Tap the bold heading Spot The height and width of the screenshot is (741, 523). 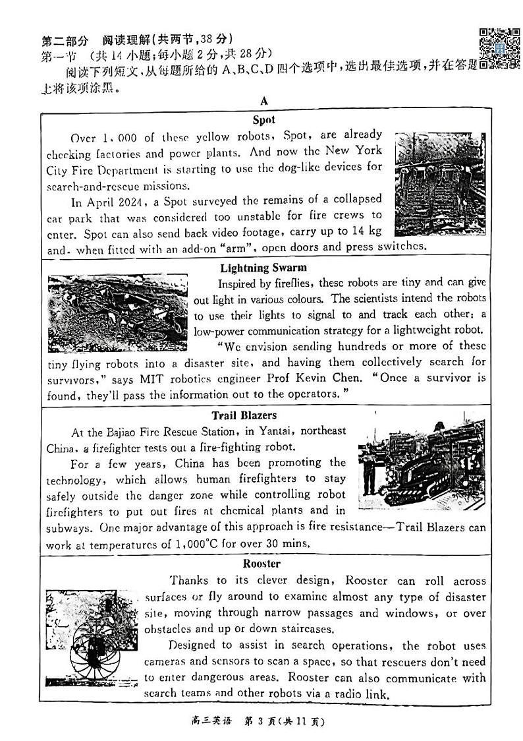(x=263, y=120)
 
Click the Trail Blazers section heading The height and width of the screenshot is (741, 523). (x=244, y=415)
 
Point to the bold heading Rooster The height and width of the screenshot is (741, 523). (x=261, y=564)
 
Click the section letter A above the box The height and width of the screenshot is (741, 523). (x=264, y=101)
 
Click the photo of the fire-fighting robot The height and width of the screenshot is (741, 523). (x=422, y=463)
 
